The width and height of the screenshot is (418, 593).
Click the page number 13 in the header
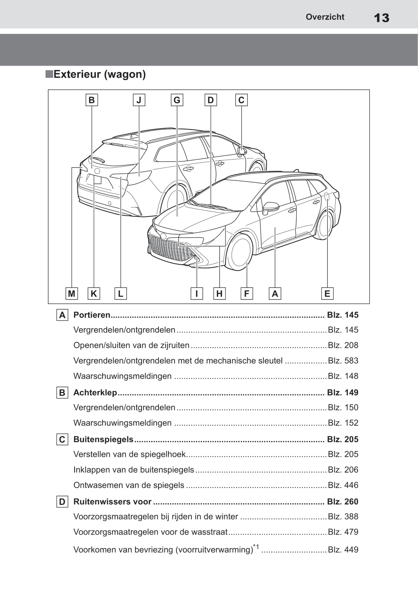point(381,18)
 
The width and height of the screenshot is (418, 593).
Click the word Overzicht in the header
point(325,17)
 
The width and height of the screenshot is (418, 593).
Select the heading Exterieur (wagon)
point(99,74)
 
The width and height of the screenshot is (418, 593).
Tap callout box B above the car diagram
point(91,100)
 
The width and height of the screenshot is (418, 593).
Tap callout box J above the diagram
point(139,100)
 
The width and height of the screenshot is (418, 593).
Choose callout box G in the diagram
point(177,100)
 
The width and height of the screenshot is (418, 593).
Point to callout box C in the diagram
point(241,100)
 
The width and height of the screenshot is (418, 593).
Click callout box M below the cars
point(72,294)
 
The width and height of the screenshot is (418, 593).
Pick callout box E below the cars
point(327,294)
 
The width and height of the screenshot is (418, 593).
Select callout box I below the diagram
point(196,294)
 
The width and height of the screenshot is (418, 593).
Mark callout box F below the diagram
point(247,294)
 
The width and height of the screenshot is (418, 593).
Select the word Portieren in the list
point(92,315)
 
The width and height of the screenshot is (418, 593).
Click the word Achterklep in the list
point(95,393)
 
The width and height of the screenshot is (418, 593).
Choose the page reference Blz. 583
point(343,361)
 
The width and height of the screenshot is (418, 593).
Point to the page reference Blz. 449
point(343,550)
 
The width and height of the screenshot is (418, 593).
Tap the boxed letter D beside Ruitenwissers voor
point(62,502)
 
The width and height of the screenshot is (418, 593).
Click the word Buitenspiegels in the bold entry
point(103,439)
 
